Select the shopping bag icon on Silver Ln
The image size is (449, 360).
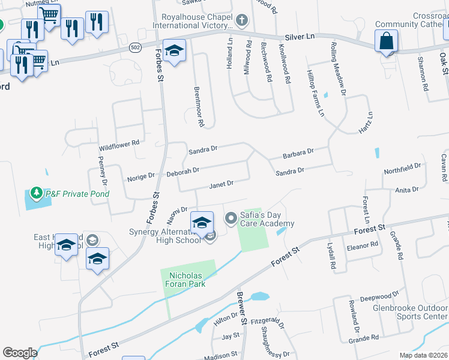[386, 41]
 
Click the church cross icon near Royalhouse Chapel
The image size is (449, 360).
[241, 22]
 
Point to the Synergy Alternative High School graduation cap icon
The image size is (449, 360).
[202, 222]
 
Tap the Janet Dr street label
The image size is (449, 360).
[221, 184]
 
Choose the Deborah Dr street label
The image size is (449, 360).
[182, 172]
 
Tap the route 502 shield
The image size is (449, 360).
[135, 46]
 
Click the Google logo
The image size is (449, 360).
[20, 353]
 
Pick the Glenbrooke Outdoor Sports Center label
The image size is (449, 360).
[418, 312]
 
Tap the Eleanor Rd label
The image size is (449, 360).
[363, 244]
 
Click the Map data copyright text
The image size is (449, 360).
[423, 355]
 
